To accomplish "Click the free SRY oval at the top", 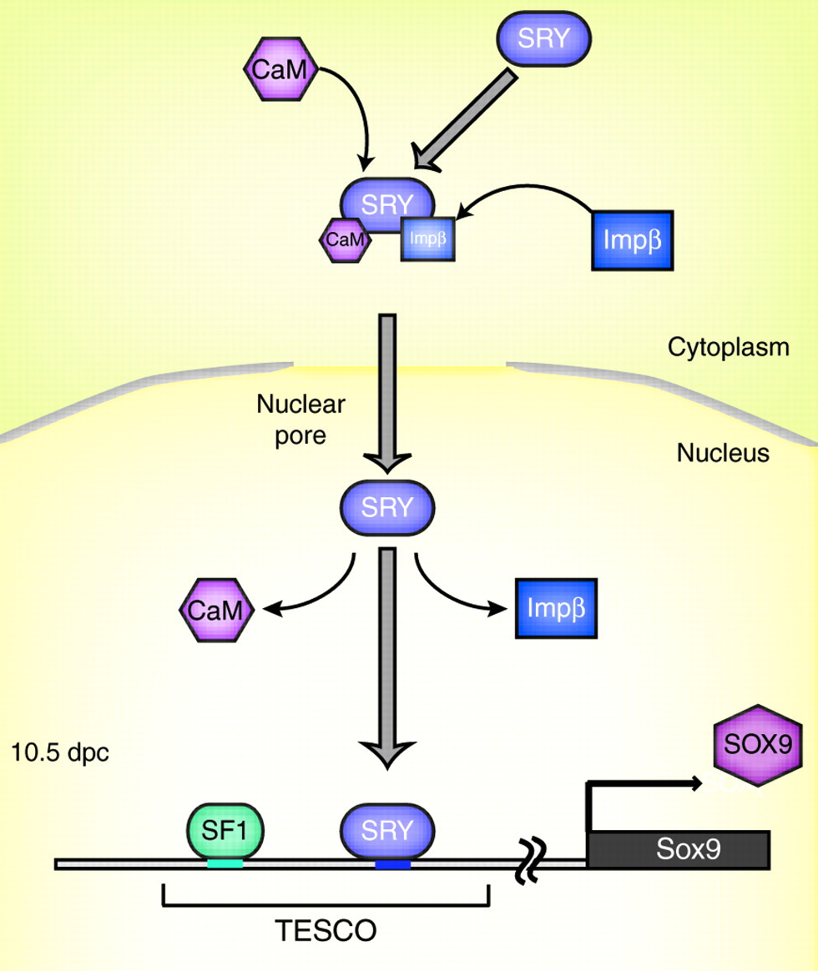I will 544,39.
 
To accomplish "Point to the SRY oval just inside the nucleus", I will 387,508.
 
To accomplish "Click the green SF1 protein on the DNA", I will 225,830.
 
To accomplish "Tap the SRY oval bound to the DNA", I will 388,831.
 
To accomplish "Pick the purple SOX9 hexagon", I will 757,745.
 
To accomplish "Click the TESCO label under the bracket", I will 325,928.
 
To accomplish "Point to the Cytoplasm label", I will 728,347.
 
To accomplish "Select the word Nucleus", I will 722,453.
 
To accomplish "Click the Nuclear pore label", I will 300,420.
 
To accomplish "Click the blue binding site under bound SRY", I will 392,865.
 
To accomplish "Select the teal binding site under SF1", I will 225,864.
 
